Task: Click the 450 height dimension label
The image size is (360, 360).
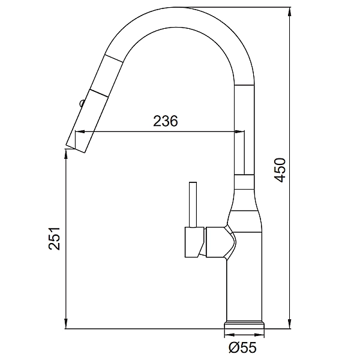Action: (280, 170)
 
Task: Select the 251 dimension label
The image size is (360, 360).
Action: (54, 239)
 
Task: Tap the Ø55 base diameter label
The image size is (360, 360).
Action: (242, 347)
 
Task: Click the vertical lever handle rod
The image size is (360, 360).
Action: (193, 205)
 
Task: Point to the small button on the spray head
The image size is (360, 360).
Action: (82, 103)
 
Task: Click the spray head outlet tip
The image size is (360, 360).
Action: (76, 148)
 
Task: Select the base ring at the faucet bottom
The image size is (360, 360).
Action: (244, 325)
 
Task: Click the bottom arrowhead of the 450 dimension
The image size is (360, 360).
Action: (290, 325)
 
